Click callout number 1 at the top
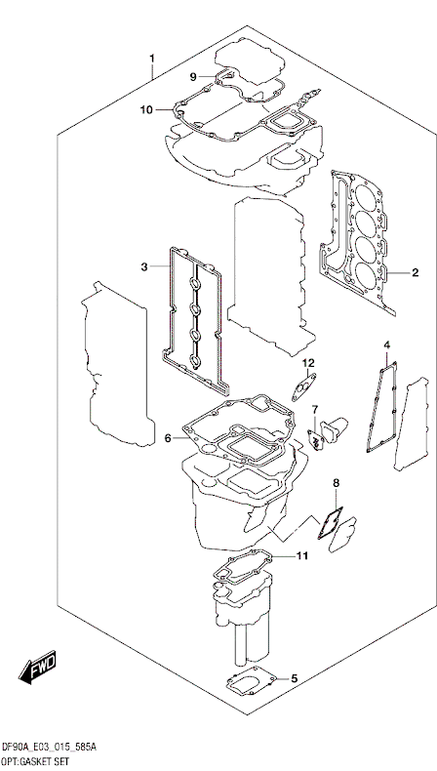coord(152,59)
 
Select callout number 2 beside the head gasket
coord(416,272)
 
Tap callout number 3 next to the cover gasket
coord(144,267)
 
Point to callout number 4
coord(387,345)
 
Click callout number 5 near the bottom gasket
coord(295,679)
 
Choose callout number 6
coord(168,438)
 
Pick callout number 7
coord(315,409)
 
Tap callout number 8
coord(337,483)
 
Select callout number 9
coord(193,77)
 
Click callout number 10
coord(146,109)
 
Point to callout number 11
coord(301,556)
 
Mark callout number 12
coord(307,363)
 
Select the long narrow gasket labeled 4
coord(382,407)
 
